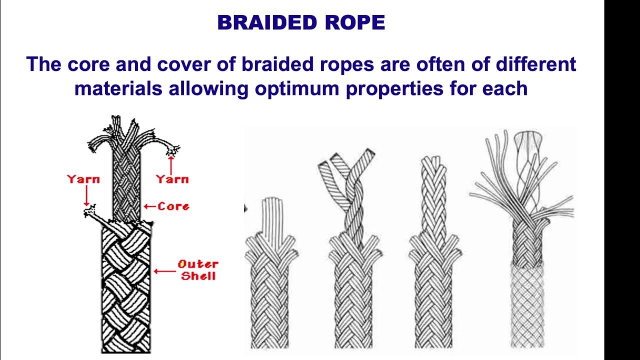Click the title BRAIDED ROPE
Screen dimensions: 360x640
click(301, 23)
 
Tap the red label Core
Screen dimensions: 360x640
click(173, 206)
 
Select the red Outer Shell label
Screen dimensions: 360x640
click(198, 270)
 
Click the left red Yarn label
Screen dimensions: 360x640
click(83, 179)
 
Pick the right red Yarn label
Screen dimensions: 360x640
click(172, 178)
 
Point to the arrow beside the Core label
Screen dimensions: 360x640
click(149, 206)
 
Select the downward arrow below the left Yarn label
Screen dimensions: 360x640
click(86, 196)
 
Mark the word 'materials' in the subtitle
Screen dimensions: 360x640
click(118, 88)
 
